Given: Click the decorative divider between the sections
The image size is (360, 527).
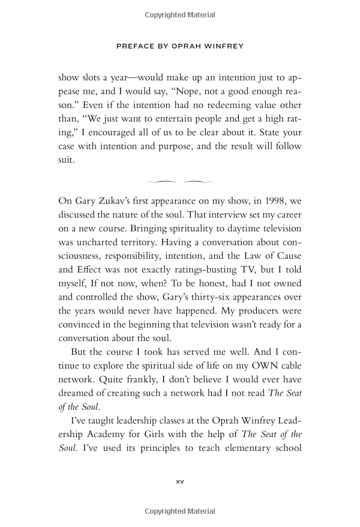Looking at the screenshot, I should pyautogui.click(x=179, y=179).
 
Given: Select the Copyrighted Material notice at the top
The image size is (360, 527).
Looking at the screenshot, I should pyautogui.click(x=179, y=13).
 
